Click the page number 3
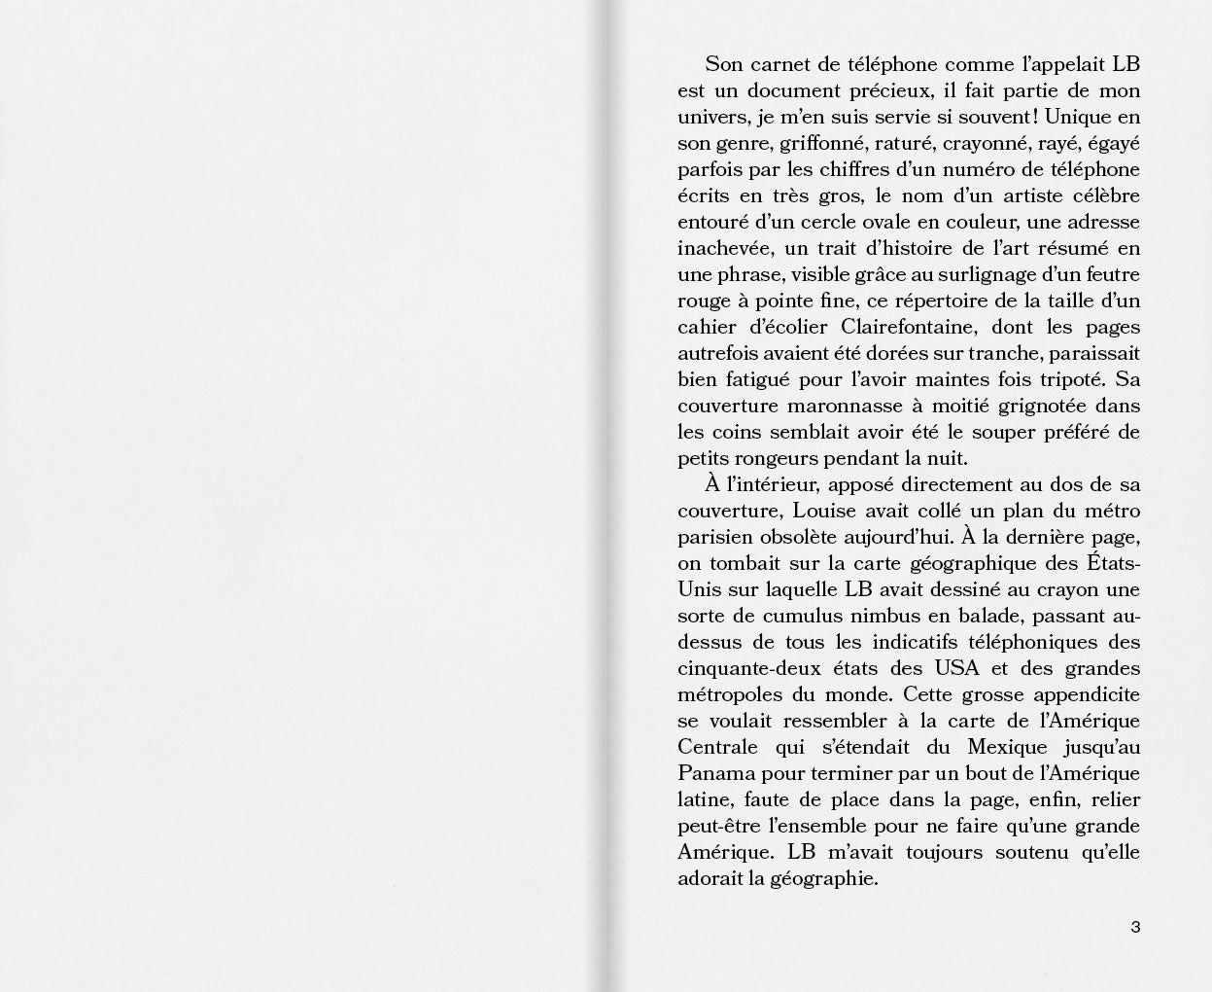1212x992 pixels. pyautogui.click(x=1135, y=927)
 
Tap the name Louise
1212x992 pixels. pyautogui.click(x=824, y=511)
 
